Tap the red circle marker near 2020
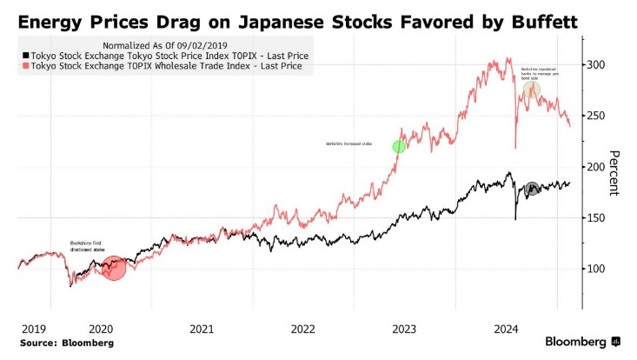(115, 267)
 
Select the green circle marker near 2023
(399, 147)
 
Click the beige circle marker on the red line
(531, 90)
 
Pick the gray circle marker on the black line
(532, 189)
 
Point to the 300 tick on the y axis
(598, 65)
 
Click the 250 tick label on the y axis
(598, 116)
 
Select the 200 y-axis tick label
(598, 167)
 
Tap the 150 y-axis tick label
(598, 217)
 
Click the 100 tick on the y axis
(598, 269)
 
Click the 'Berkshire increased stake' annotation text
(348, 142)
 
